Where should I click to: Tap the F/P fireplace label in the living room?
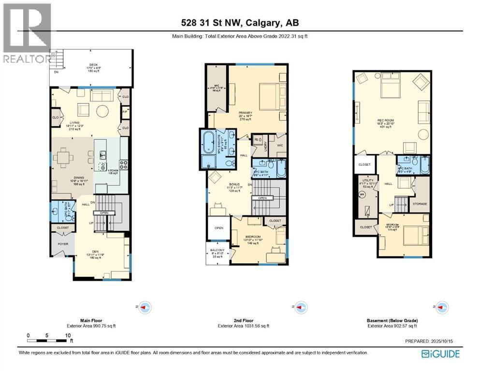coord(124,111)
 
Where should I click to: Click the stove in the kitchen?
coord(124,164)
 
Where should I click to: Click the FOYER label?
coord(63,244)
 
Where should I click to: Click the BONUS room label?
coord(234,184)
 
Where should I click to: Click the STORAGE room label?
coord(419,204)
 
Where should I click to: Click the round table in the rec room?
coord(423,134)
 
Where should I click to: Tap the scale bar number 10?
coord(68,335)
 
